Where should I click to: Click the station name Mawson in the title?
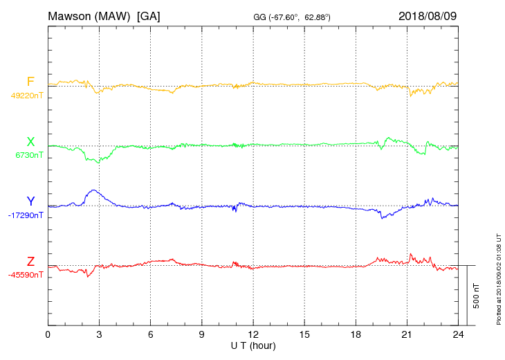(x=69, y=15)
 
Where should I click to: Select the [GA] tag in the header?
(x=149, y=15)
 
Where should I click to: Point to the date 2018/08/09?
(x=428, y=15)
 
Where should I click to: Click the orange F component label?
(x=30, y=82)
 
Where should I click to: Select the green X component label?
(x=30, y=142)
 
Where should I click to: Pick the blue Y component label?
(x=30, y=201)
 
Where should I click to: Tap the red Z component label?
(x=30, y=262)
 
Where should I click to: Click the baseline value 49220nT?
(x=27, y=96)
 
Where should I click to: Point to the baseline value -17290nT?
(x=26, y=215)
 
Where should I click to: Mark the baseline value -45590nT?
(x=26, y=275)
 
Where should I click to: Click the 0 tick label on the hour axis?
(x=48, y=334)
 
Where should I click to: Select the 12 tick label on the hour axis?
(x=253, y=334)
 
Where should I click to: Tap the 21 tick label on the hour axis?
(x=407, y=334)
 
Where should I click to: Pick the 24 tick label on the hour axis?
(x=458, y=334)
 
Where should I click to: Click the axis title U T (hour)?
(x=253, y=345)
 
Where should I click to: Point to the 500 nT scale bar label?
(x=477, y=296)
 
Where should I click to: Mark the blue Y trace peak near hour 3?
(x=93, y=190)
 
